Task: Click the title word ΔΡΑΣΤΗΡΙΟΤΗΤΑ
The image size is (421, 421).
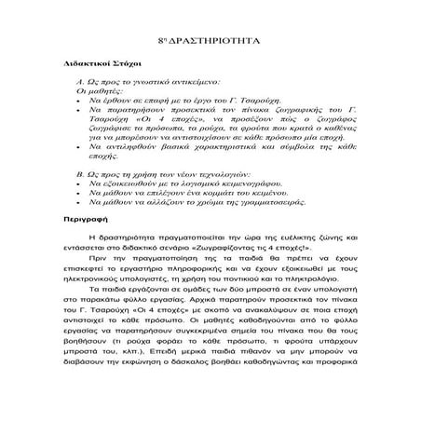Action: point(217,45)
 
